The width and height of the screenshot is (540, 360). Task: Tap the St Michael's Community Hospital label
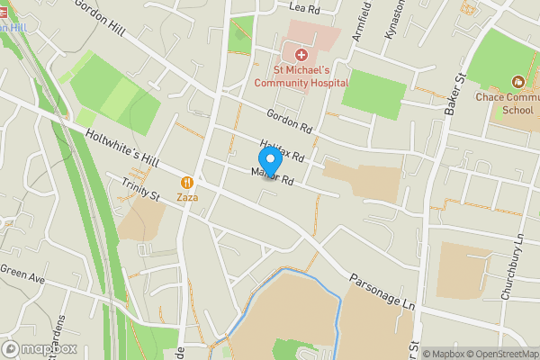(301, 76)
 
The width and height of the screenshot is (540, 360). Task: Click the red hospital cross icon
(301, 56)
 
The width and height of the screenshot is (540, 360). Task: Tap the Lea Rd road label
(306, 8)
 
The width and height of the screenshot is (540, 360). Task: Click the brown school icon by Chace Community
(517, 81)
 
